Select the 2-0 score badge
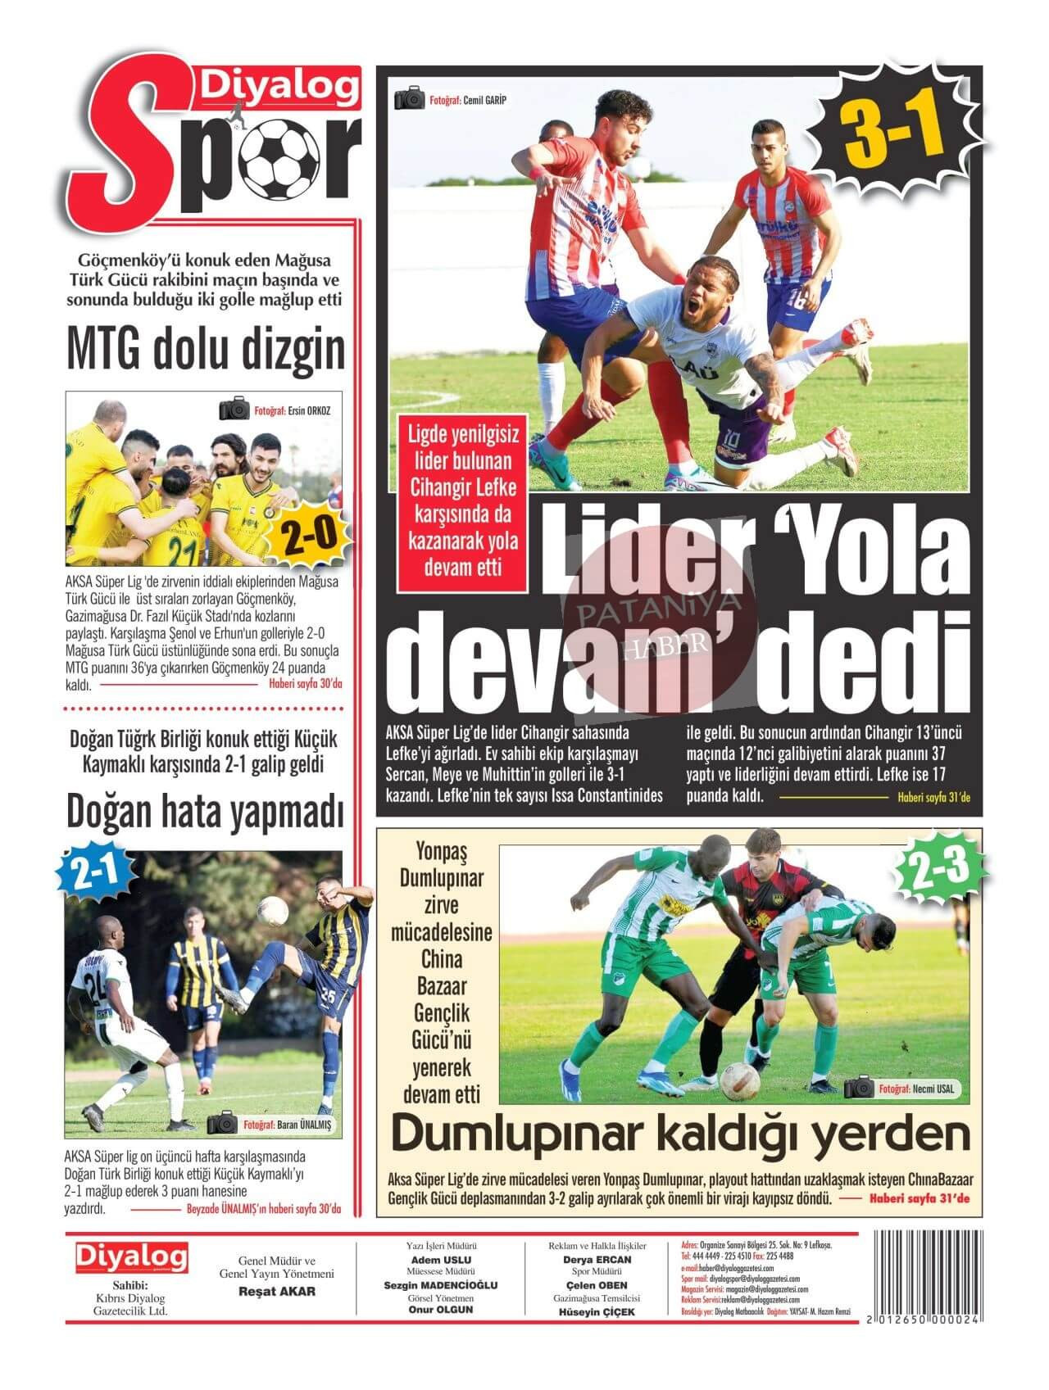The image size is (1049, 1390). coord(310,537)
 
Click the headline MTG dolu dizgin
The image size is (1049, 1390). coord(205,350)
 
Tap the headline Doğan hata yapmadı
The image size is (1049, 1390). coord(205,812)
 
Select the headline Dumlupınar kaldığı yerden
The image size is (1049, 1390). coord(680,1134)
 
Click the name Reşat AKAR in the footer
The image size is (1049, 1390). coord(276,1292)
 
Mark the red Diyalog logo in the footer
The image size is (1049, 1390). coord(131,1256)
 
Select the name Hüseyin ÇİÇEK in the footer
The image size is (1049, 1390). coord(597,1312)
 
